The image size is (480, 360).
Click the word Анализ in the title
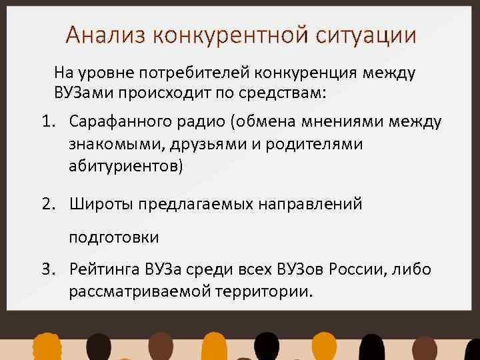point(106,35)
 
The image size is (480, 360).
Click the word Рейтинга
point(103,269)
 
